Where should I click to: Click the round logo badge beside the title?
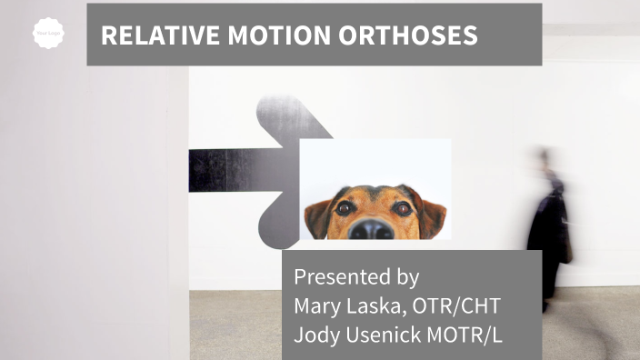[x=48, y=35]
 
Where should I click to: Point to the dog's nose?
[x=374, y=227]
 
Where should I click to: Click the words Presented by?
[x=356, y=276]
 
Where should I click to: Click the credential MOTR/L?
[x=467, y=334]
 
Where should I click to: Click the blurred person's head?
[x=545, y=159]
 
